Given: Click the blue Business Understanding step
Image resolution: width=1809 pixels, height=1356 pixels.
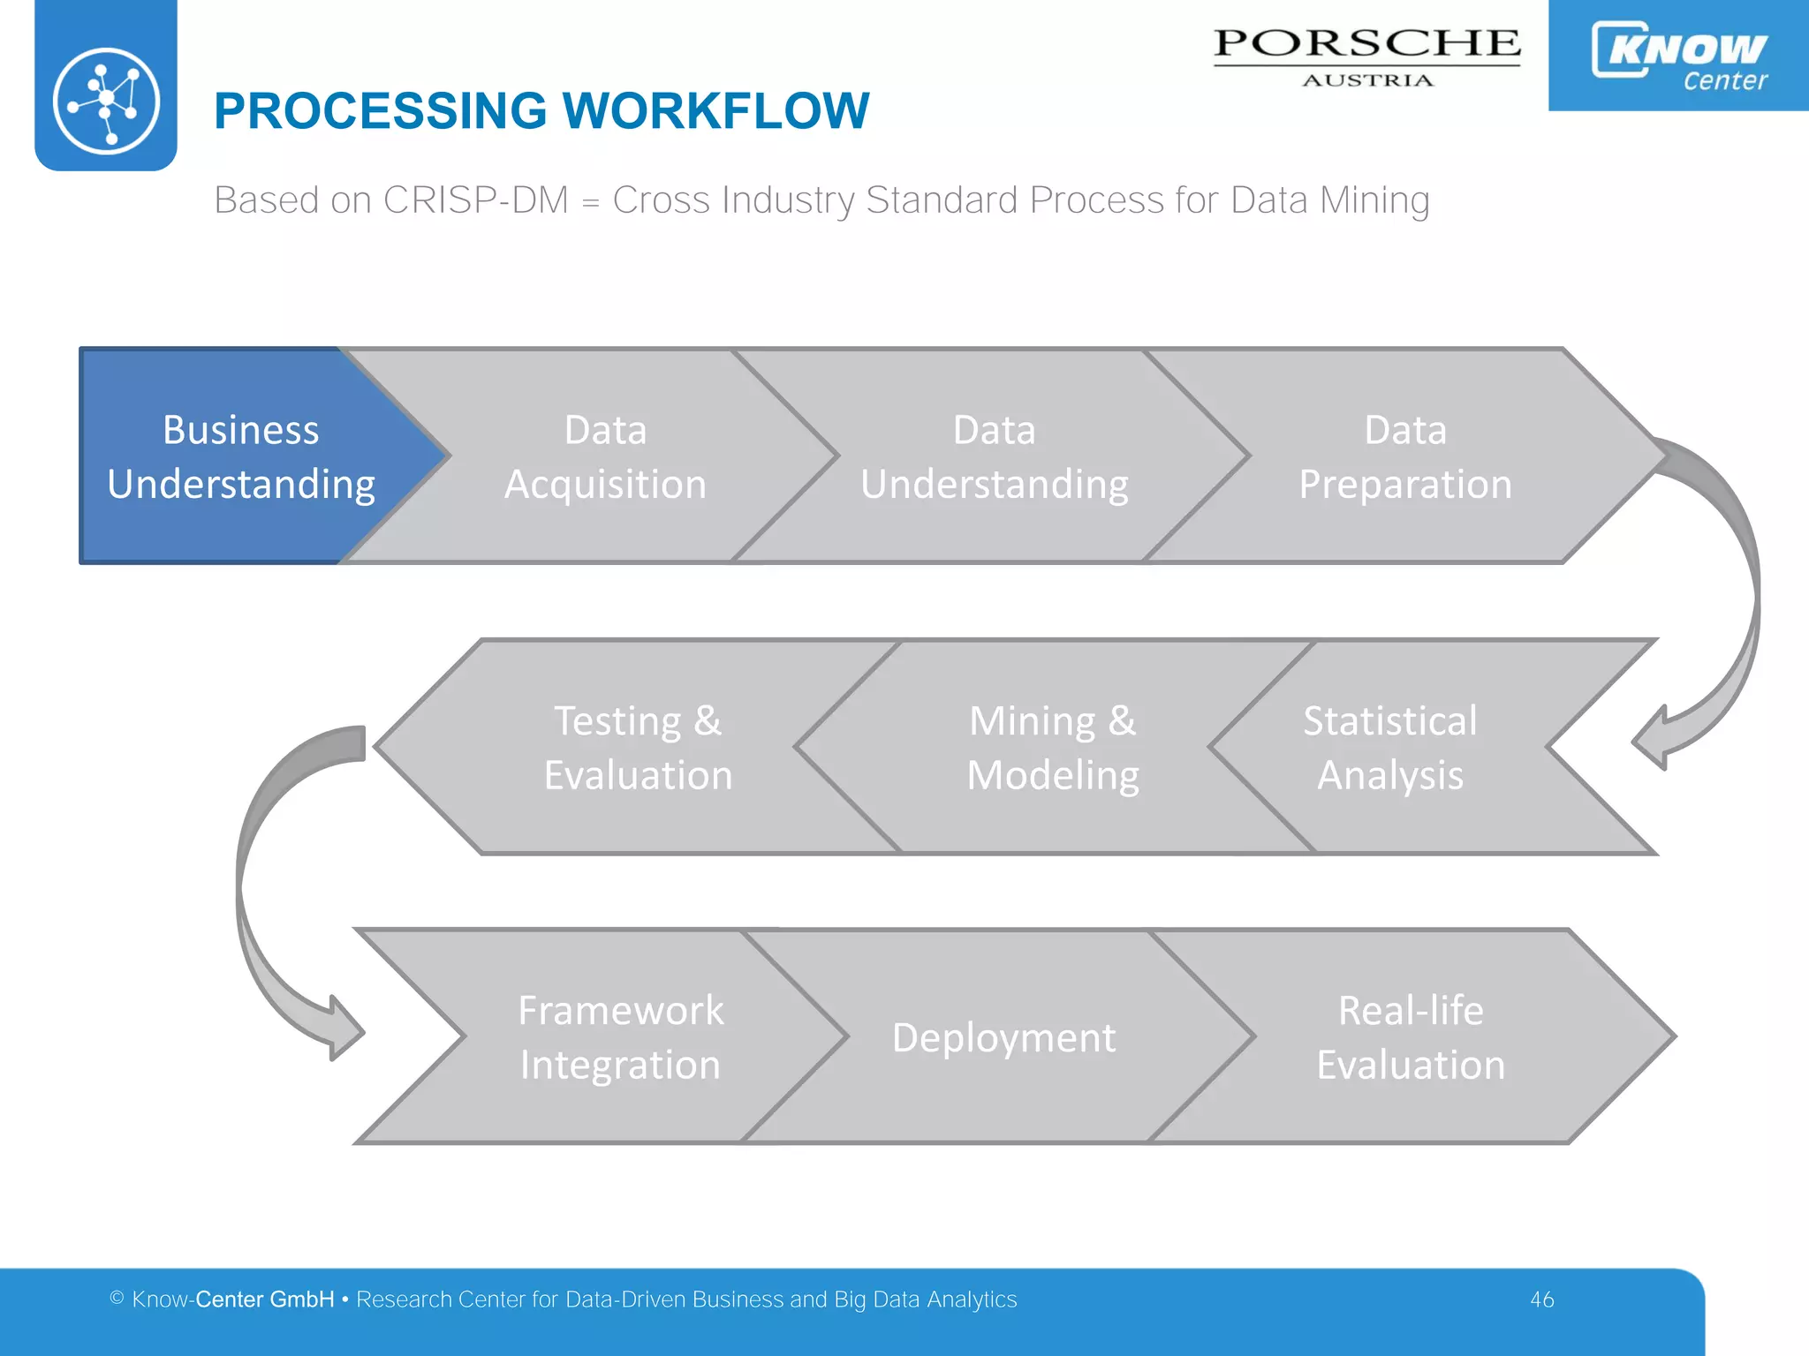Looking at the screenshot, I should pyautogui.click(x=240, y=456).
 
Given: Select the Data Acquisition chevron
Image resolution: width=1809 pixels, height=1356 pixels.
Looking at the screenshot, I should pyautogui.click(x=605, y=456).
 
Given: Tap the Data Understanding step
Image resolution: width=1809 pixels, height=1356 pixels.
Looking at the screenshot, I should pyautogui.click(x=994, y=456).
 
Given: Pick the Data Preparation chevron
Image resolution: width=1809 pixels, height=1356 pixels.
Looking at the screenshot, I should pyautogui.click(x=1404, y=456).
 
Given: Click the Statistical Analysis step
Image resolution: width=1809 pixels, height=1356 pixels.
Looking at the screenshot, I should pyautogui.click(x=1389, y=747).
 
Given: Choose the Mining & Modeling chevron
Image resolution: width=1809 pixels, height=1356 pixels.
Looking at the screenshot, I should pyautogui.click(x=1052, y=747).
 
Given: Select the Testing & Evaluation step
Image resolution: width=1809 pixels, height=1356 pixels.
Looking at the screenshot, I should pyautogui.click(x=638, y=747).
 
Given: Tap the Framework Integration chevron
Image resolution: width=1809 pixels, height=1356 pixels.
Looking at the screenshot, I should pyautogui.click(x=620, y=1036).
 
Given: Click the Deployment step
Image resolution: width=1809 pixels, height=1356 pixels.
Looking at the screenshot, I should pyautogui.click(x=1003, y=1036).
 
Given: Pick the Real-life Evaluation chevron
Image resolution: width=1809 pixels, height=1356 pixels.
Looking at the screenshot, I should pyautogui.click(x=1411, y=1036).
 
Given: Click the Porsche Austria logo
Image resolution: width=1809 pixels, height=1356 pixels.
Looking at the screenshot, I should pyautogui.click(x=1366, y=55).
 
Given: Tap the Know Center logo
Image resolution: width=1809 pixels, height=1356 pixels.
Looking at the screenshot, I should pyautogui.click(x=1678, y=55).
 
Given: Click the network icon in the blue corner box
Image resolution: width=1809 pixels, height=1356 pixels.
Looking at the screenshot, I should pyautogui.click(x=106, y=100).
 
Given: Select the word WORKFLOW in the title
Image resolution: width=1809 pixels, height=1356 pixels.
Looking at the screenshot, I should pyautogui.click(x=715, y=111).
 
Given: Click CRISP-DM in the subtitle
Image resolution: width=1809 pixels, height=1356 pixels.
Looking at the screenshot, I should pyautogui.click(x=475, y=200).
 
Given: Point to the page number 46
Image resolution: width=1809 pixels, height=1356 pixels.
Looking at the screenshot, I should pyautogui.click(x=1541, y=1299).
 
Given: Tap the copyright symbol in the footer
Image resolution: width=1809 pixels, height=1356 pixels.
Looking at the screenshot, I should pyautogui.click(x=117, y=1298).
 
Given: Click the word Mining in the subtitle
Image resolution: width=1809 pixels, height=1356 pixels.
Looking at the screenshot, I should pyautogui.click(x=1374, y=200).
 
